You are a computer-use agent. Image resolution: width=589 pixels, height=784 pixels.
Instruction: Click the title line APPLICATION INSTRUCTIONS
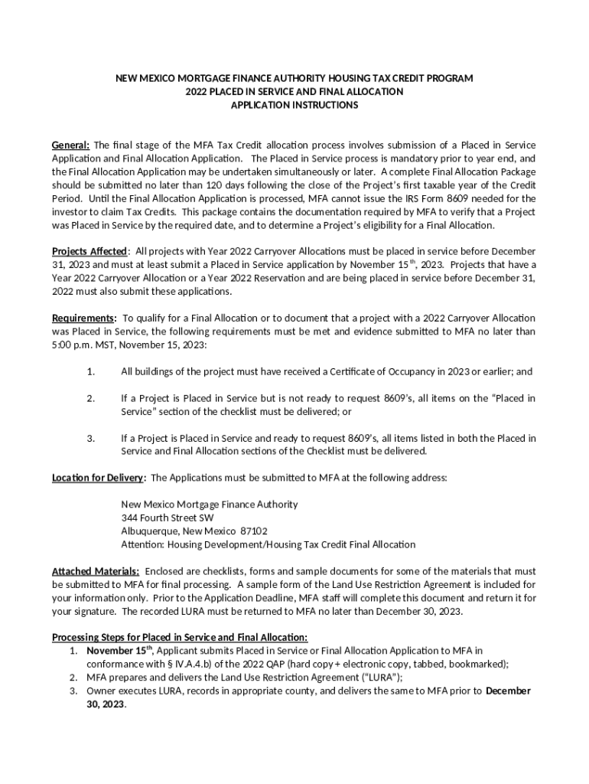(294, 106)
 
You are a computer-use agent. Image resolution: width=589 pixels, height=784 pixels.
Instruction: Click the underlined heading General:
(70, 145)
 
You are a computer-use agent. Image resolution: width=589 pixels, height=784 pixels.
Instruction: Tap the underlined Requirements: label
(83, 318)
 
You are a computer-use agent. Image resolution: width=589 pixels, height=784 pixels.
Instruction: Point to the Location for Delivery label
(98, 478)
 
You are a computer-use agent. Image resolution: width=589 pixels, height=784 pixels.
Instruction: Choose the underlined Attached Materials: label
(95, 571)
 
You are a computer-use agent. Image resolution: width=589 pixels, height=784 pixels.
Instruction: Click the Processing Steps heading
(179, 637)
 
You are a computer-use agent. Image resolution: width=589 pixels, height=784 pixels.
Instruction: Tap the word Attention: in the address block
(143, 544)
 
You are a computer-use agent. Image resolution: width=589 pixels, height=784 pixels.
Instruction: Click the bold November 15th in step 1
(119, 651)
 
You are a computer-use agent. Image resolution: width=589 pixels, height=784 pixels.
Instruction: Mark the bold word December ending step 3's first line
(508, 691)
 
